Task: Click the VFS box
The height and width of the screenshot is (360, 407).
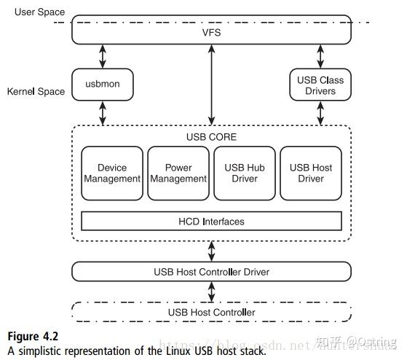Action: coord(211,32)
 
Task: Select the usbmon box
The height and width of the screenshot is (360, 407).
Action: coord(102,85)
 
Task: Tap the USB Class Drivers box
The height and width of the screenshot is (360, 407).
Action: coord(320,85)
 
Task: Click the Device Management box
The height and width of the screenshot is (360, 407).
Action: coord(112,173)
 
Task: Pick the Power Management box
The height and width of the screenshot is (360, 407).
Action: coord(178,173)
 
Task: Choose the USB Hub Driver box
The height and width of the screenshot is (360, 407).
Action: coord(245,173)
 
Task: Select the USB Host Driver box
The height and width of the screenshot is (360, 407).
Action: coord(311,173)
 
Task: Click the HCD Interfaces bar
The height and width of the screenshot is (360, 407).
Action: coord(211,221)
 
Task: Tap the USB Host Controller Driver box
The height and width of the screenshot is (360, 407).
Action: coord(211,272)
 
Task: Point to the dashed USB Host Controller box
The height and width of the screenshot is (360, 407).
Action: coord(211,313)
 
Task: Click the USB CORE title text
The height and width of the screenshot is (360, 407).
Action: coord(211,137)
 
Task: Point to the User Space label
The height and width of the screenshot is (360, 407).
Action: coord(39,12)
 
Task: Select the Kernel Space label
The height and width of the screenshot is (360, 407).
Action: coord(36,92)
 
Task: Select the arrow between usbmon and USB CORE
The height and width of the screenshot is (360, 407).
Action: coord(102,113)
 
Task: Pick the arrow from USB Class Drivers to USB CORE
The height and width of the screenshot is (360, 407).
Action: coord(320,113)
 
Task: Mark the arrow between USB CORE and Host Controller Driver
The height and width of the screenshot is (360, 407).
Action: coord(211,251)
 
